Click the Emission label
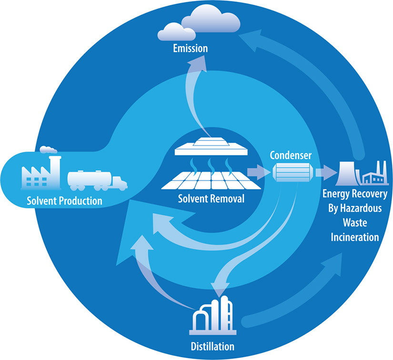[x=190, y=48]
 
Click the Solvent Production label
[x=64, y=201]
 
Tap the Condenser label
[x=291, y=155]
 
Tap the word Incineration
[x=354, y=237]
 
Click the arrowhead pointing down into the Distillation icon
[x=220, y=291]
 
